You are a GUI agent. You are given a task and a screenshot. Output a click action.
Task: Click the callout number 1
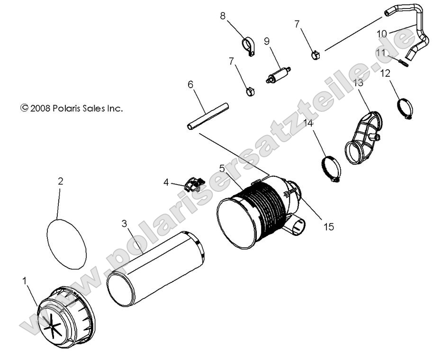pyautogui.click(x=25, y=281)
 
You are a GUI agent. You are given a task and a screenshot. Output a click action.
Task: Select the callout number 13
pyautogui.click(x=358, y=82)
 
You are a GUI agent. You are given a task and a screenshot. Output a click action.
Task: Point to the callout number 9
pyautogui.click(x=267, y=41)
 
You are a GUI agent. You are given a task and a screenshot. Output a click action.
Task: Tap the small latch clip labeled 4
pyautogui.click(x=194, y=183)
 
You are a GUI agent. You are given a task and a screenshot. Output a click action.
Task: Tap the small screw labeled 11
pyautogui.click(x=404, y=63)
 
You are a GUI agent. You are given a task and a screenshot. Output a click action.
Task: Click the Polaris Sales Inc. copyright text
pyautogui.click(x=72, y=108)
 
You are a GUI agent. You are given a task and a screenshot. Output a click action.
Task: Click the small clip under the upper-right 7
pyautogui.click(x=316, y=55)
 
